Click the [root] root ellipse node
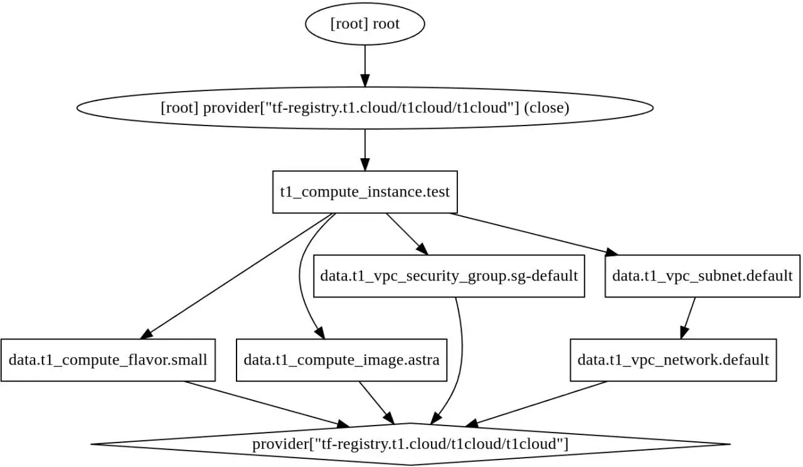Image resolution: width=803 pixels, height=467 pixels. [x=365, y=24]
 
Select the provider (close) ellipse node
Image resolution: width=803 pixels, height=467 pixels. [x=365, y=108]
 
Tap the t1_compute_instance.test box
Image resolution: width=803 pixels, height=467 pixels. [x=365, y=192]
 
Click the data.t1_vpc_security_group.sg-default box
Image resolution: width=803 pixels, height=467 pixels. [x=449, y=276]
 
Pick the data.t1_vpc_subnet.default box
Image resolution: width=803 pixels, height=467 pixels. [x=702, y=276]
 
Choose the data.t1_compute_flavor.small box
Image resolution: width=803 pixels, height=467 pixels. [x=108, y=360]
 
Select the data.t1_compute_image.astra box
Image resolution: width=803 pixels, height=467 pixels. [x=341, y=360]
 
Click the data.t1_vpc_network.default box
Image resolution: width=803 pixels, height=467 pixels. [x=673, y=360]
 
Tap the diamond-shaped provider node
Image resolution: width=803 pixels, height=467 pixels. [x=410, y=444]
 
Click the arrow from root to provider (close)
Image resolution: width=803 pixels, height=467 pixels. [x=365, y=66]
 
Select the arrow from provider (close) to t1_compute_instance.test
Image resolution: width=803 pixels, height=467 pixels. [x=365, y=150]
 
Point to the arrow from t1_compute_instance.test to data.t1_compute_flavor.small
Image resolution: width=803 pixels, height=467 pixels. [x=235, y=276]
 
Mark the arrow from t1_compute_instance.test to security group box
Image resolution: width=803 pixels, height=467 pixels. [x=407, y=234]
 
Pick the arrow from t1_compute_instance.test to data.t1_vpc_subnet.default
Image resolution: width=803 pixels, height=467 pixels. [x=534, y=234]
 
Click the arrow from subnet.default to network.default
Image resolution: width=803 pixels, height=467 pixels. [x=688, y=318]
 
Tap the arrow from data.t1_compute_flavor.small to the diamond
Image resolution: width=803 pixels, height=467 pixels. [x=267, y=404]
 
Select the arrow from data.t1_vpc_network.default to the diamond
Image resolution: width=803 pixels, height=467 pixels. [x=536, y=404]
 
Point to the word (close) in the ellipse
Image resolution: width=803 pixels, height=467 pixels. [x=546, y=108]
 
